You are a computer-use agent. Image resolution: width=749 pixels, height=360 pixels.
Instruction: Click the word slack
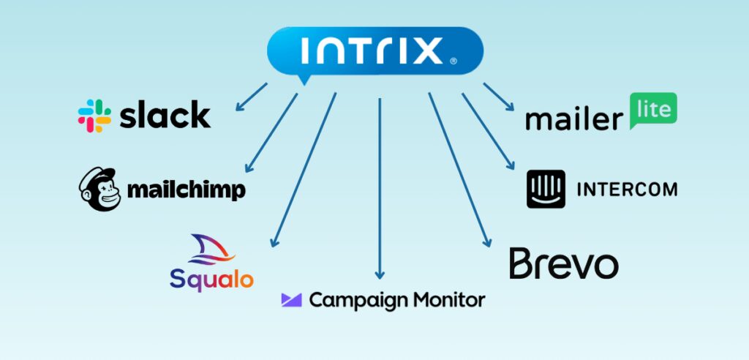[165, 115]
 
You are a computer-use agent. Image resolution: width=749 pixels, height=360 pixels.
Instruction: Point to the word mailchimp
[186, 190]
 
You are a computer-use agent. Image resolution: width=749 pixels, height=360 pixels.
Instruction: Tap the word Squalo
[211, 278]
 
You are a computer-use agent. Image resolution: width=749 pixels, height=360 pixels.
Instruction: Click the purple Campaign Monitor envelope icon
[291, 299]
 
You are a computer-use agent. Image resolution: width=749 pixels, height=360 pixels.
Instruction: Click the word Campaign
[353, 300]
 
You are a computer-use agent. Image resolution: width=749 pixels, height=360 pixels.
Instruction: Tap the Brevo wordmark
[563, 263]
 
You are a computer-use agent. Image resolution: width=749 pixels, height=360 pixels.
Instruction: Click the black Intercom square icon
[546, 189]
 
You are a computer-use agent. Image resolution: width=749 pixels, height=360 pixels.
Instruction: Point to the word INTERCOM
[627, 190]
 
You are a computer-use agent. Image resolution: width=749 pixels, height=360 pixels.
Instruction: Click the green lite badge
[652, 109]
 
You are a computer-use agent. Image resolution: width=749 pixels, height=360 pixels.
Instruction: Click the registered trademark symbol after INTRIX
[453, 62]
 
